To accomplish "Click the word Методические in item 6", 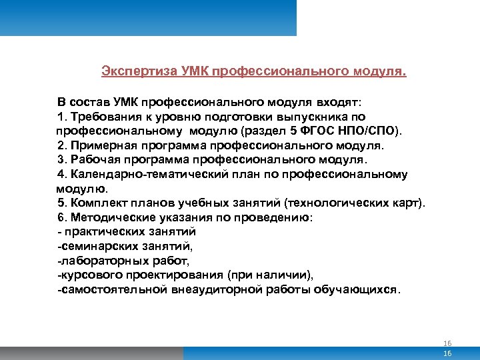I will pos(109,218).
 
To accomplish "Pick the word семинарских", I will pos(95,246).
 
